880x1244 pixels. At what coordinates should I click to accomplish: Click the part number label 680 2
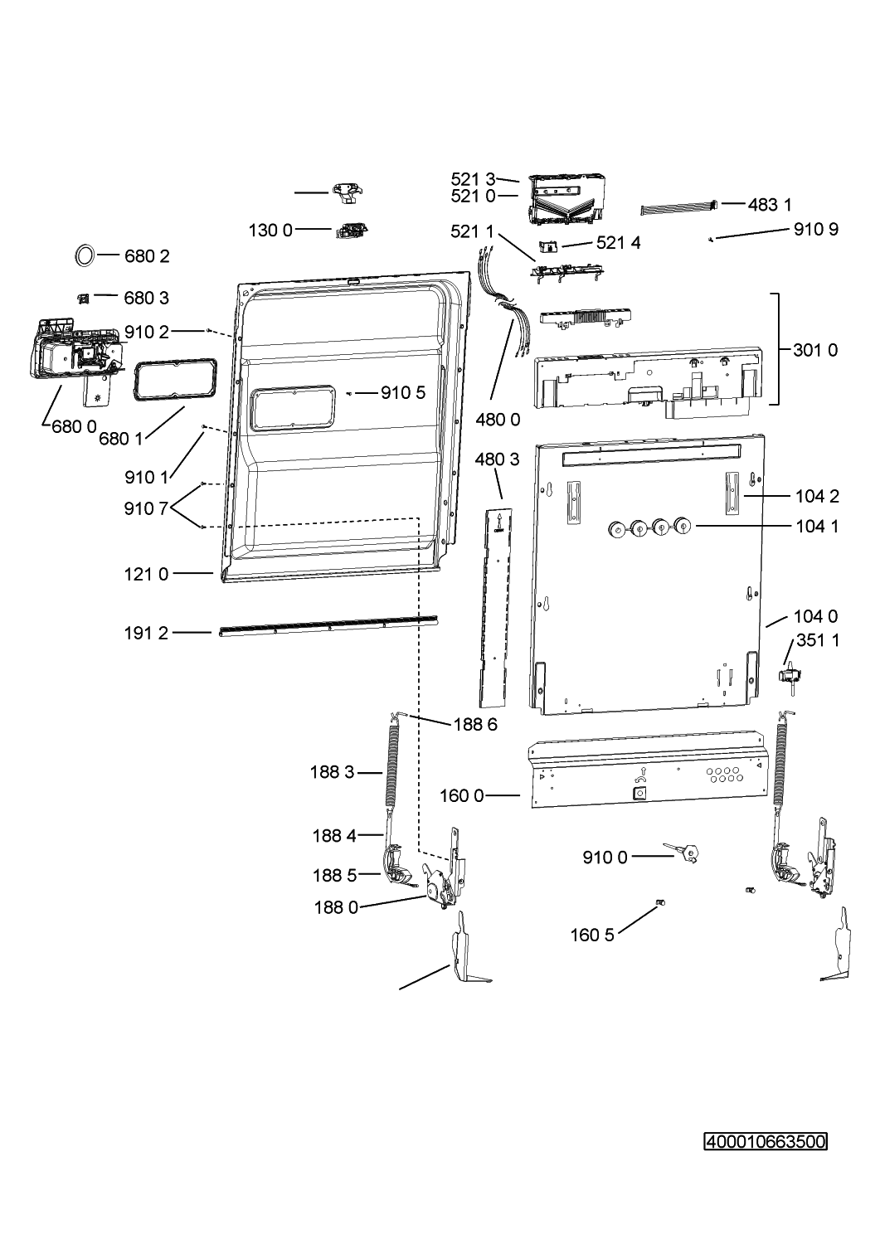coord(147,256)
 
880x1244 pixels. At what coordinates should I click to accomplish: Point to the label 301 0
coord(815,350)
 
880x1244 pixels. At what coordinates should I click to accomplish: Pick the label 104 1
coord(817,526)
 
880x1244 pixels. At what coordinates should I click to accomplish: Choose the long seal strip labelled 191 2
coord(328,626)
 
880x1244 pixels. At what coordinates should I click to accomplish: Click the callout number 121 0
coord(146,574)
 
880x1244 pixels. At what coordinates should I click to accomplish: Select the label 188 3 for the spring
coord(333,772)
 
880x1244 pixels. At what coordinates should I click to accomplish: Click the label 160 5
coord(592,935)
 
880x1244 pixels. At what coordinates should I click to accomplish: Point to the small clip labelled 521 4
coord(548,245)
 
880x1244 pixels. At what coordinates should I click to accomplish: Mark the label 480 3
coord(497,459)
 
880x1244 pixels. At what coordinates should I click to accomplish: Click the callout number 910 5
coord(403,392)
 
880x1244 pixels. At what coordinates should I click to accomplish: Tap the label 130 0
coord(270,230)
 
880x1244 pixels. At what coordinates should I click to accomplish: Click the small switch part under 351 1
coord(791,676)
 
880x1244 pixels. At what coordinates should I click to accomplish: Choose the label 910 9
coord(816,229)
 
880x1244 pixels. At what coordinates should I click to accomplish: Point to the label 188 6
coord(475,724)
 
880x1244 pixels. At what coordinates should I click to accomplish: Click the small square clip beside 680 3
coord(83,299)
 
